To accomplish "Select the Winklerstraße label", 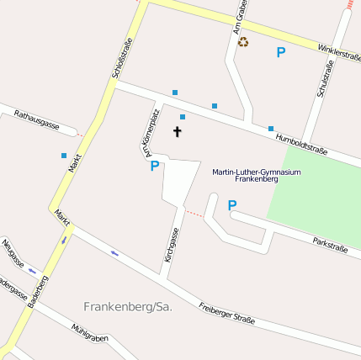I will tap(340, 53).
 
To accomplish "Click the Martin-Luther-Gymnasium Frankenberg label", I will tap(257, 175).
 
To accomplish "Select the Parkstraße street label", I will tap(331, 245).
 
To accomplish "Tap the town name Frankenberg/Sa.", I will tap(128, 307).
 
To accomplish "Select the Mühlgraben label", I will tap(91, 333).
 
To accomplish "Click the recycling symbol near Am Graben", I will tap(243, 41).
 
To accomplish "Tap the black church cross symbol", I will tap(178, 132).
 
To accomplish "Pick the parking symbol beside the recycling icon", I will tap(281, 52).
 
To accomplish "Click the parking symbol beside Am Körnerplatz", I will tap(154, 167).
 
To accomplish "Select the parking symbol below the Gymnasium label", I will tap(232, 204).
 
